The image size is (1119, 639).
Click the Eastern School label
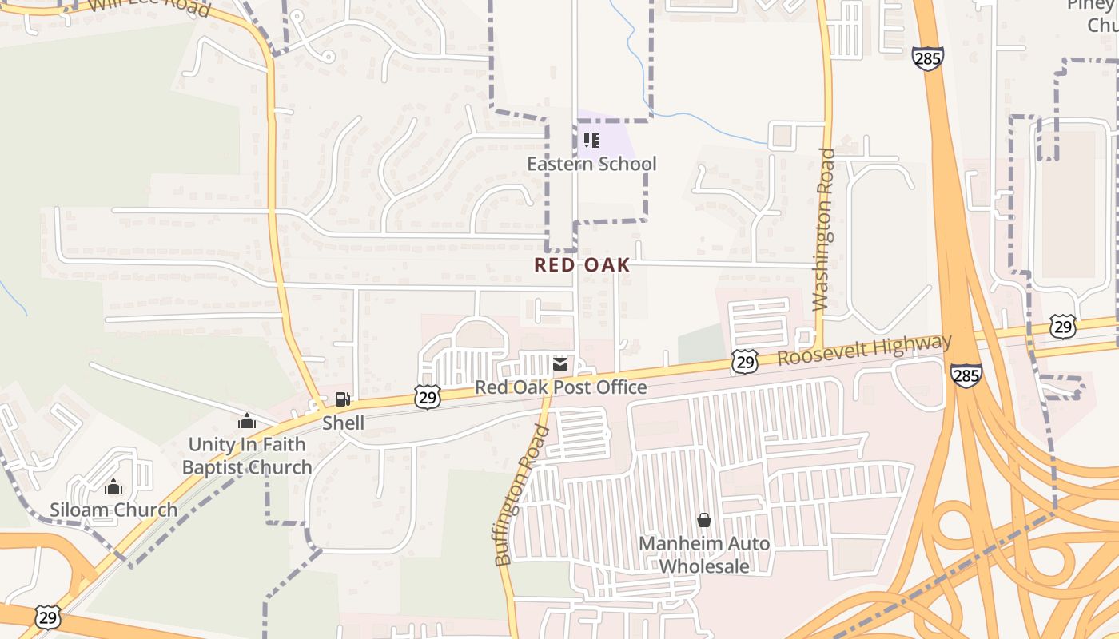[591, 164]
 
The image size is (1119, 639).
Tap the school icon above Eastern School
[591, 141]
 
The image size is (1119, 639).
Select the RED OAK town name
[582, 265]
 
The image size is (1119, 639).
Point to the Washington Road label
[823, 229]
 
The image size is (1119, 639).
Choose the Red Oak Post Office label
[560, 387]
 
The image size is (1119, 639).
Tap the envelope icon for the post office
[560, 365]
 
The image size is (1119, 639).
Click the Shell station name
[343, 423]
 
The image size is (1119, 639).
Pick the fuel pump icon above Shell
[342, 399]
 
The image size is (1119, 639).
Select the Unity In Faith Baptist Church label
[247, 455]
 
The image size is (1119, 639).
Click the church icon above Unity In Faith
[247, 421]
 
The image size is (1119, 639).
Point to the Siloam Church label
[113, 510]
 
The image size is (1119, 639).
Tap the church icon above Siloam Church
[113, 486]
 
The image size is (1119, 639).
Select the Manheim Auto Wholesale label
[704, 554]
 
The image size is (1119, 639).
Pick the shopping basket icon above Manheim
[704, 520]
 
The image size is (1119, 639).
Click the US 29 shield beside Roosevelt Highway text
[744, 361]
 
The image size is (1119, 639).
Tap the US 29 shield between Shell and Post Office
[428, 396]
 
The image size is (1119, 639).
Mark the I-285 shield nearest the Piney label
[927, 58]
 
